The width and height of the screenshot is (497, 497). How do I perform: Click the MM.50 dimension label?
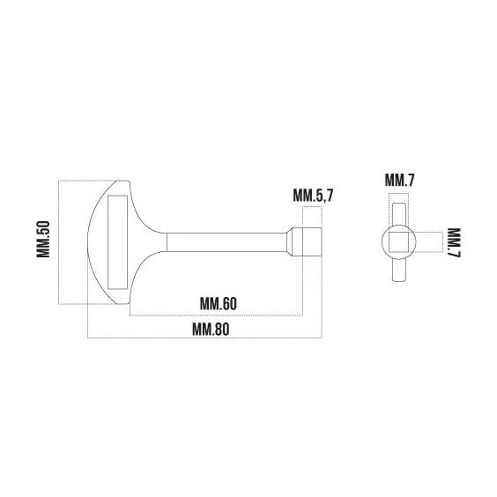[43, 239]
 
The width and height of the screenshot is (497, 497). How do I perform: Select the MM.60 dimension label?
[218, 304]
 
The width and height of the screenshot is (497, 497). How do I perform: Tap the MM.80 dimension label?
[211, 330]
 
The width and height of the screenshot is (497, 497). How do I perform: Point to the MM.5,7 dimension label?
[313, 196]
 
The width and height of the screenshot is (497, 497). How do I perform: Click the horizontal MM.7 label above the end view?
[399, 180]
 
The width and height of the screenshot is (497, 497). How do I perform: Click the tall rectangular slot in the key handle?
[117, 242]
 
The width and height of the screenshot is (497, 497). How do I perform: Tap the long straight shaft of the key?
[226, 242]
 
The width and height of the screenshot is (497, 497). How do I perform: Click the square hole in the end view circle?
[398, 242]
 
